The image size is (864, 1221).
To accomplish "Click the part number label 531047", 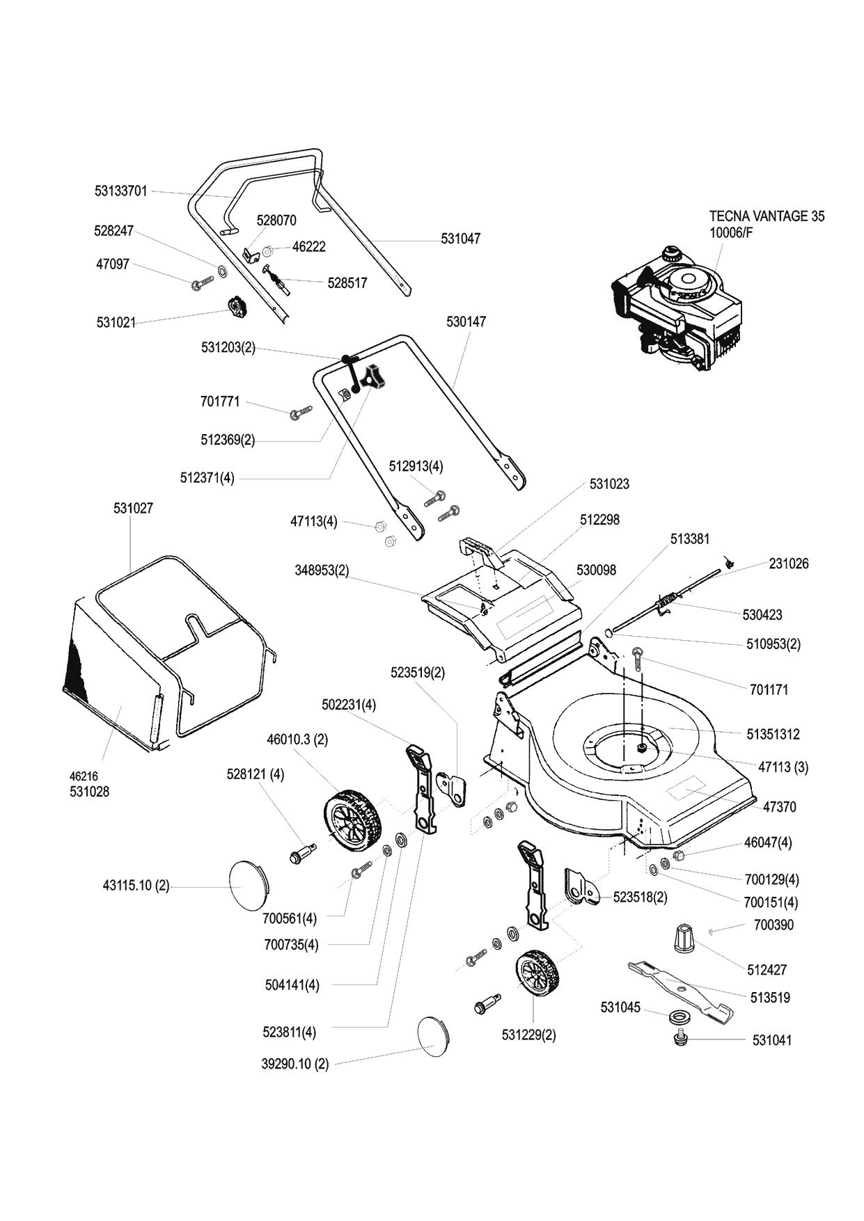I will [460, 239].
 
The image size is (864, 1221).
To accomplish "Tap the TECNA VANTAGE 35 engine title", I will [767, 216].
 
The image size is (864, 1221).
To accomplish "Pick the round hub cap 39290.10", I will [434, 1037].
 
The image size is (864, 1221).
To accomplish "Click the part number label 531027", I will [133, 509].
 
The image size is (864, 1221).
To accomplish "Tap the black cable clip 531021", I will [237, 306].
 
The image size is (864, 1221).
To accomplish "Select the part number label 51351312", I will [773, 734].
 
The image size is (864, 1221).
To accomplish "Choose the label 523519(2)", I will [418, 673].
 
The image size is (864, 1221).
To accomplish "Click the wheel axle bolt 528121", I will [301, 852].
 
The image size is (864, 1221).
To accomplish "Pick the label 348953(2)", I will [322, 570].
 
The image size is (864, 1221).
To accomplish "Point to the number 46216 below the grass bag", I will [84, 776].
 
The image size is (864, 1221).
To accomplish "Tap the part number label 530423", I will [762, 615].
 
